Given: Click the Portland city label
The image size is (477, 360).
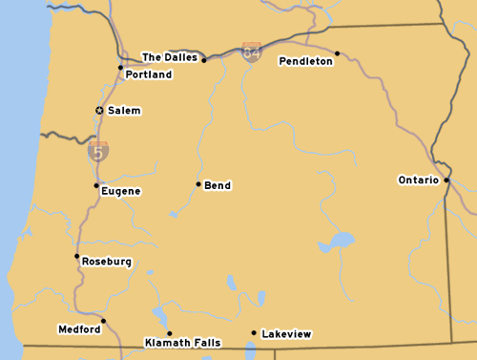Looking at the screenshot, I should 149,74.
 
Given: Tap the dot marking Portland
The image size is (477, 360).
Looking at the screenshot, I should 120,67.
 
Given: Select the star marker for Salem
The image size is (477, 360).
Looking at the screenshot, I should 99,111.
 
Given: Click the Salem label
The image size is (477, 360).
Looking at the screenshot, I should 124,111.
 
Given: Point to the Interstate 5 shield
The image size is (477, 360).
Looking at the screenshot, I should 98,150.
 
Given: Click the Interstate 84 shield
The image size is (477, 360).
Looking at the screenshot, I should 252,53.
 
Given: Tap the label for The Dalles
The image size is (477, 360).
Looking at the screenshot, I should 170,57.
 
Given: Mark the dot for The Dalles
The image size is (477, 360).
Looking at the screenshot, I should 204,60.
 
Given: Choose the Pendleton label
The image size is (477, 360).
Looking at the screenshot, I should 306,61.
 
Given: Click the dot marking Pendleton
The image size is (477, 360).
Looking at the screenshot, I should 337,53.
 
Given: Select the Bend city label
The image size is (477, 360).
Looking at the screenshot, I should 218,185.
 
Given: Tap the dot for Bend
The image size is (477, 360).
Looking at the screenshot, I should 198,184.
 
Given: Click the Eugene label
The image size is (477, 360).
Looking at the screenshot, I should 121,191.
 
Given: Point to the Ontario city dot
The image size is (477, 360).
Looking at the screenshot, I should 446,180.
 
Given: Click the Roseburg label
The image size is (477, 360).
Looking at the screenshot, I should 107,262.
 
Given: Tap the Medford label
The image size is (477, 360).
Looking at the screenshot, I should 79,329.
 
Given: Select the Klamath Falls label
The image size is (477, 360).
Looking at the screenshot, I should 182,342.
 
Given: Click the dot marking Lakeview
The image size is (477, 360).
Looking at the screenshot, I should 253,333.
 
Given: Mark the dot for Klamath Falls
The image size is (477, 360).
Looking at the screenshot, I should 170,334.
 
